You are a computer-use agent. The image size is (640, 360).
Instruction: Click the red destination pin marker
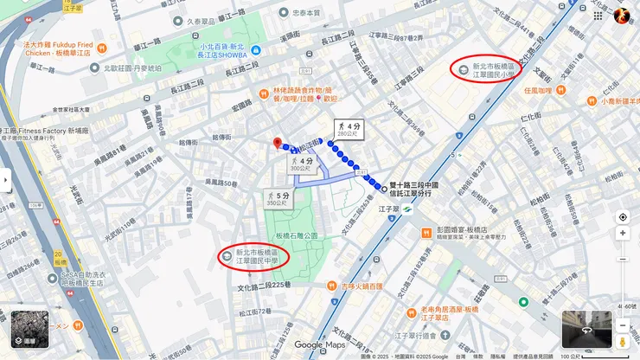click(278, 143)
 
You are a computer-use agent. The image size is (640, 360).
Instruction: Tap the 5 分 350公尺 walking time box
click(278, 199)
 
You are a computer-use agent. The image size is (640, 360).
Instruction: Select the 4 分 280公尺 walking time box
click(347, 130)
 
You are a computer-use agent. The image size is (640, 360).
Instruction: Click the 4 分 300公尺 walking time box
click(301, 164)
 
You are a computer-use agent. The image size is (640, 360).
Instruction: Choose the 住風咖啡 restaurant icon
click(561, 88)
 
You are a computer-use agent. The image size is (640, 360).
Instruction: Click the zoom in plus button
click(623, 234)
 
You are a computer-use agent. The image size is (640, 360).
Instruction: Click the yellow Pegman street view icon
click(622, 326)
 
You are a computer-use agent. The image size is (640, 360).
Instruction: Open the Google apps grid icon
click(598, 15)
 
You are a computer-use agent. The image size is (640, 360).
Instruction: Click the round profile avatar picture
click(622, 15)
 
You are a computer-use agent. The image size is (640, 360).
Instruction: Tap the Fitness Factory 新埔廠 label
click(39, 131)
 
